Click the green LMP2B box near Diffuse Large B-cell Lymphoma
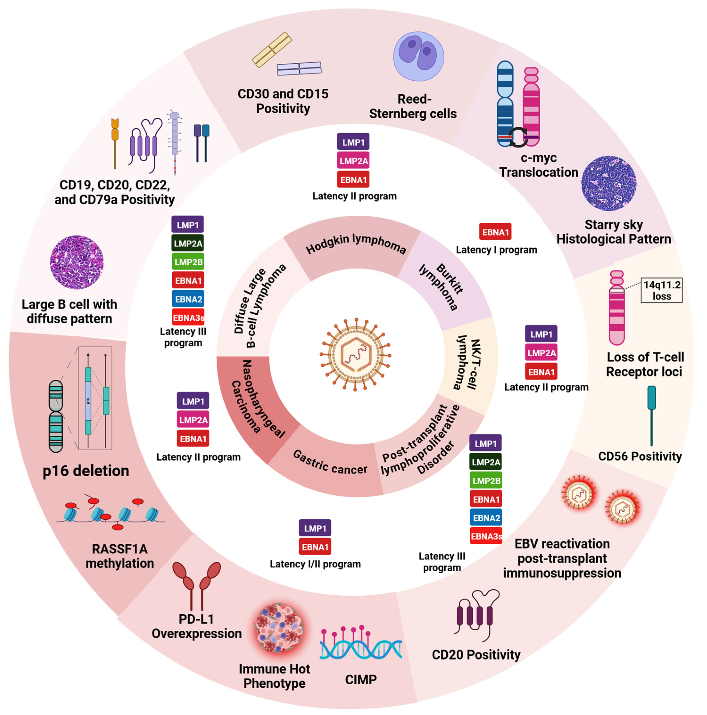[188, 262]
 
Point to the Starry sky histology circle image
[608, 183]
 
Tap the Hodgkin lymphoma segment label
[355, 244]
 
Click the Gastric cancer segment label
[329, 463]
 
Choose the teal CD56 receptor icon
[651, 415]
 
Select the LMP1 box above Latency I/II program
[315, 528]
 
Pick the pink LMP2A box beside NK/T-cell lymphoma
[541, 353]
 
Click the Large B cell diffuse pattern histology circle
[77, 262]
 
